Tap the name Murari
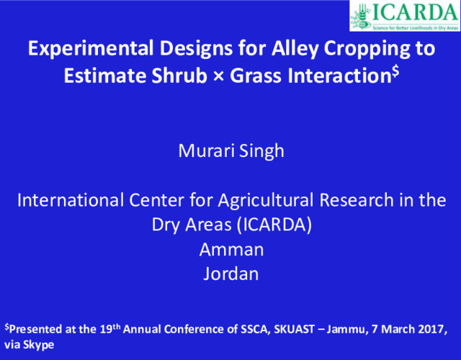pos(202,152)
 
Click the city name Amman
pos(230,249)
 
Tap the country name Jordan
pos(230,274)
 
